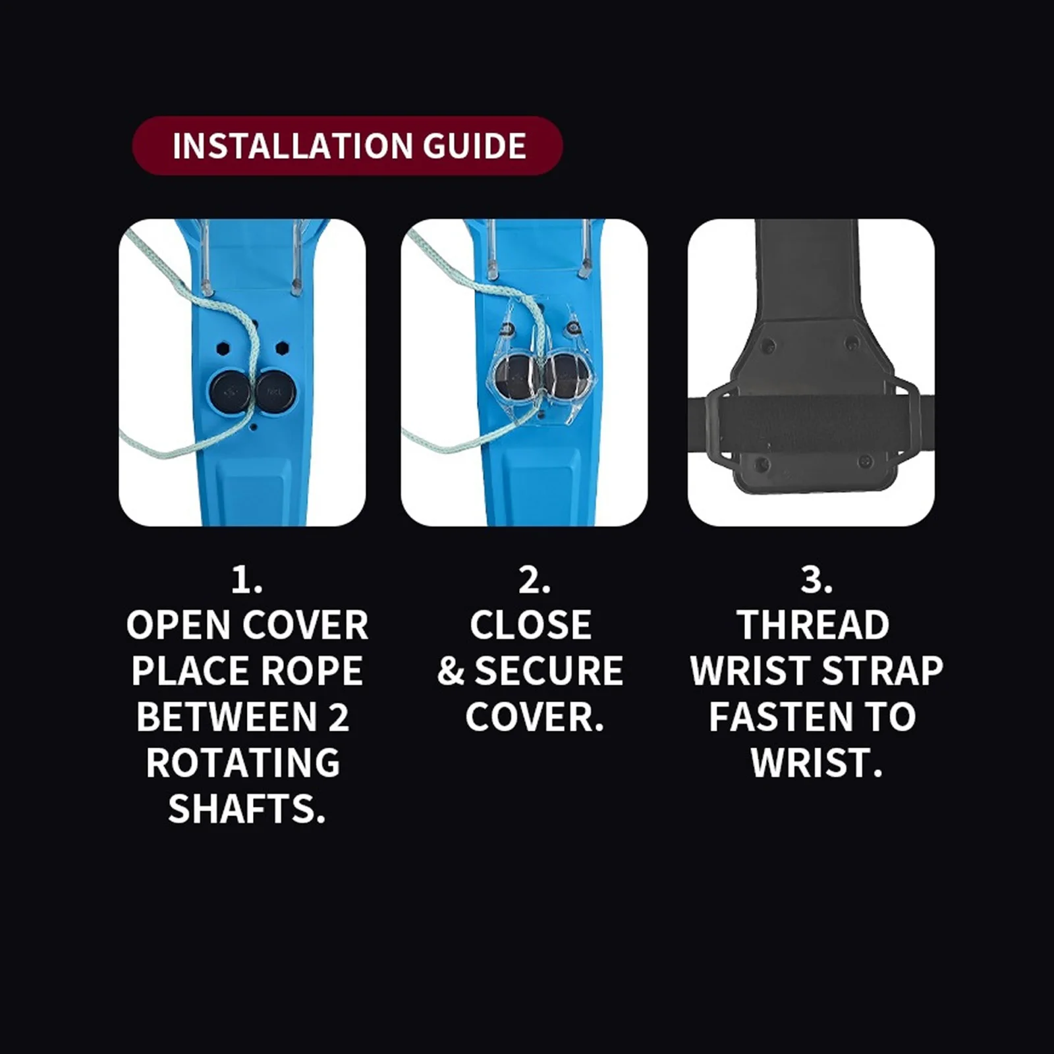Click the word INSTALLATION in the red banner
tap(292, 146)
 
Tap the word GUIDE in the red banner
tap(474, 146)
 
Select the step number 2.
tap(534, 580)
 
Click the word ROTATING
tap(243, 763)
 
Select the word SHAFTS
tap(247, 809)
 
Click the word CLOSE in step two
tap(531, 625)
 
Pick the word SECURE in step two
tap(549, 671)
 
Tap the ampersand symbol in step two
tap(451, 671)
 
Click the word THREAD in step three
tap(814, 625)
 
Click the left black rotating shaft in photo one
tap(228, 393)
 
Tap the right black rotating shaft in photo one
tap(276, 393)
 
